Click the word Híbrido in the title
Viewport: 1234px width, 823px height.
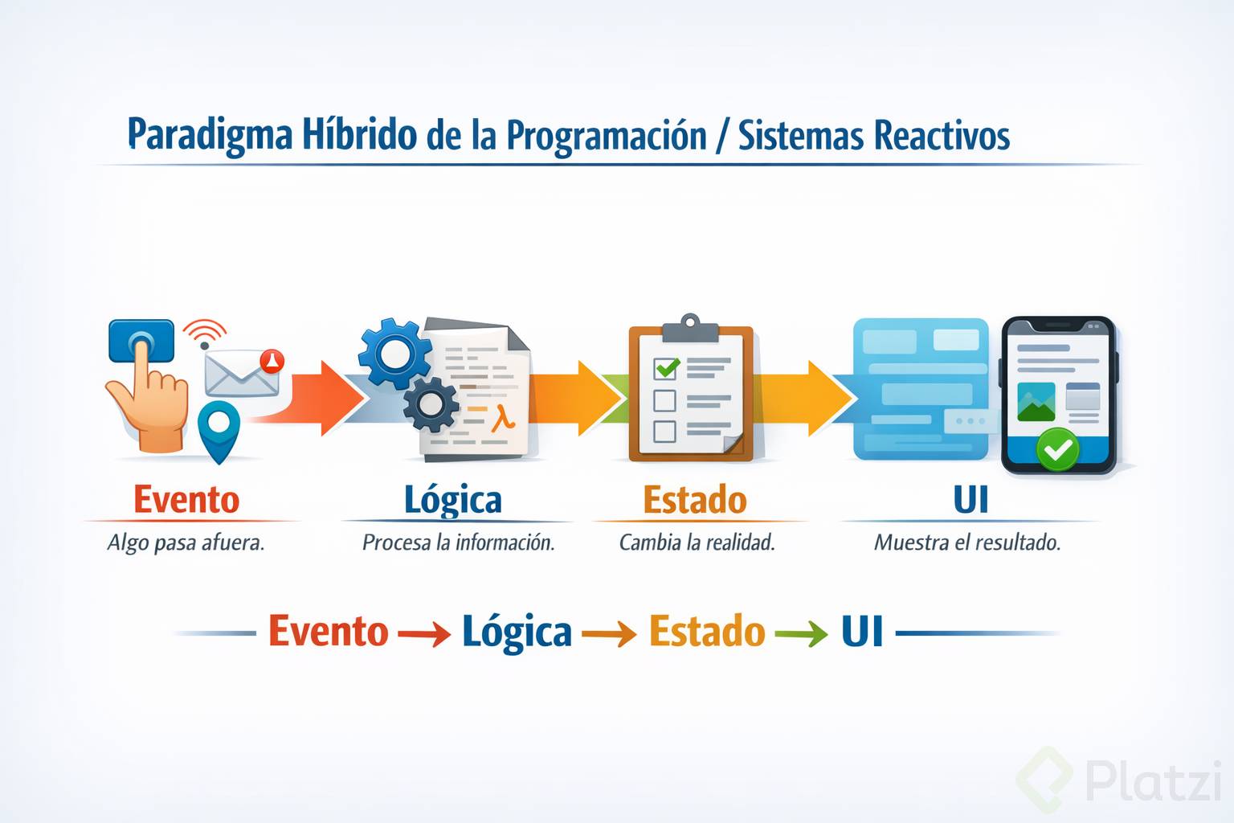(x=359, y=134)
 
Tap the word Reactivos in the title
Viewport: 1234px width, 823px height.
(x=942, y=134)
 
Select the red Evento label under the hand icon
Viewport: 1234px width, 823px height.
(x=186, y=499)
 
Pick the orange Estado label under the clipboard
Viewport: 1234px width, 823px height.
(x=695, y=499)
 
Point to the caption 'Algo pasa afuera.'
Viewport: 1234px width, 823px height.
(x=186, y=543)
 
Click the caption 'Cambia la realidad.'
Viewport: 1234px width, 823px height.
(x=697, y=543)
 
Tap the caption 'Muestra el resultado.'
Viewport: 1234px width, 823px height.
(x=967, y=543)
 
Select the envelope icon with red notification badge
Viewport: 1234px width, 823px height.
(x=243, y=373)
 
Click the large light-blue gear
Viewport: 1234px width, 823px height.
(x=395, y=354)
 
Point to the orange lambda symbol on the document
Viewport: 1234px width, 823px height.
(x=502, y=418)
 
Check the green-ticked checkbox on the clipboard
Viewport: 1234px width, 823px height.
(x=665, y=368)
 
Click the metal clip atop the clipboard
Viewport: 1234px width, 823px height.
(x=690, y=329)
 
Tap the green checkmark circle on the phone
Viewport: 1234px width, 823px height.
(x=1057, y=449)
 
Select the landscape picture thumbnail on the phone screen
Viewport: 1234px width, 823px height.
(x=1036, y=402)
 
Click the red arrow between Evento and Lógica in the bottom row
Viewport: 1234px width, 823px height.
(x=423, y=633)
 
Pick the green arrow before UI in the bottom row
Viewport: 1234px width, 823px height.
(x=801, y=633)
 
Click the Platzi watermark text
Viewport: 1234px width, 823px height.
(x=1154, y=780)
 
